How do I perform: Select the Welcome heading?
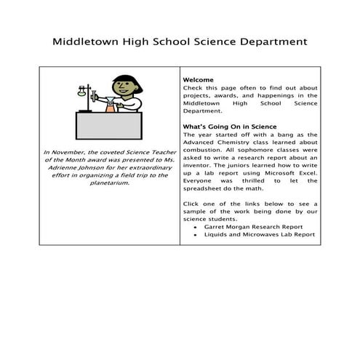[199, 79]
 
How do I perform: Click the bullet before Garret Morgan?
[196, 227]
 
